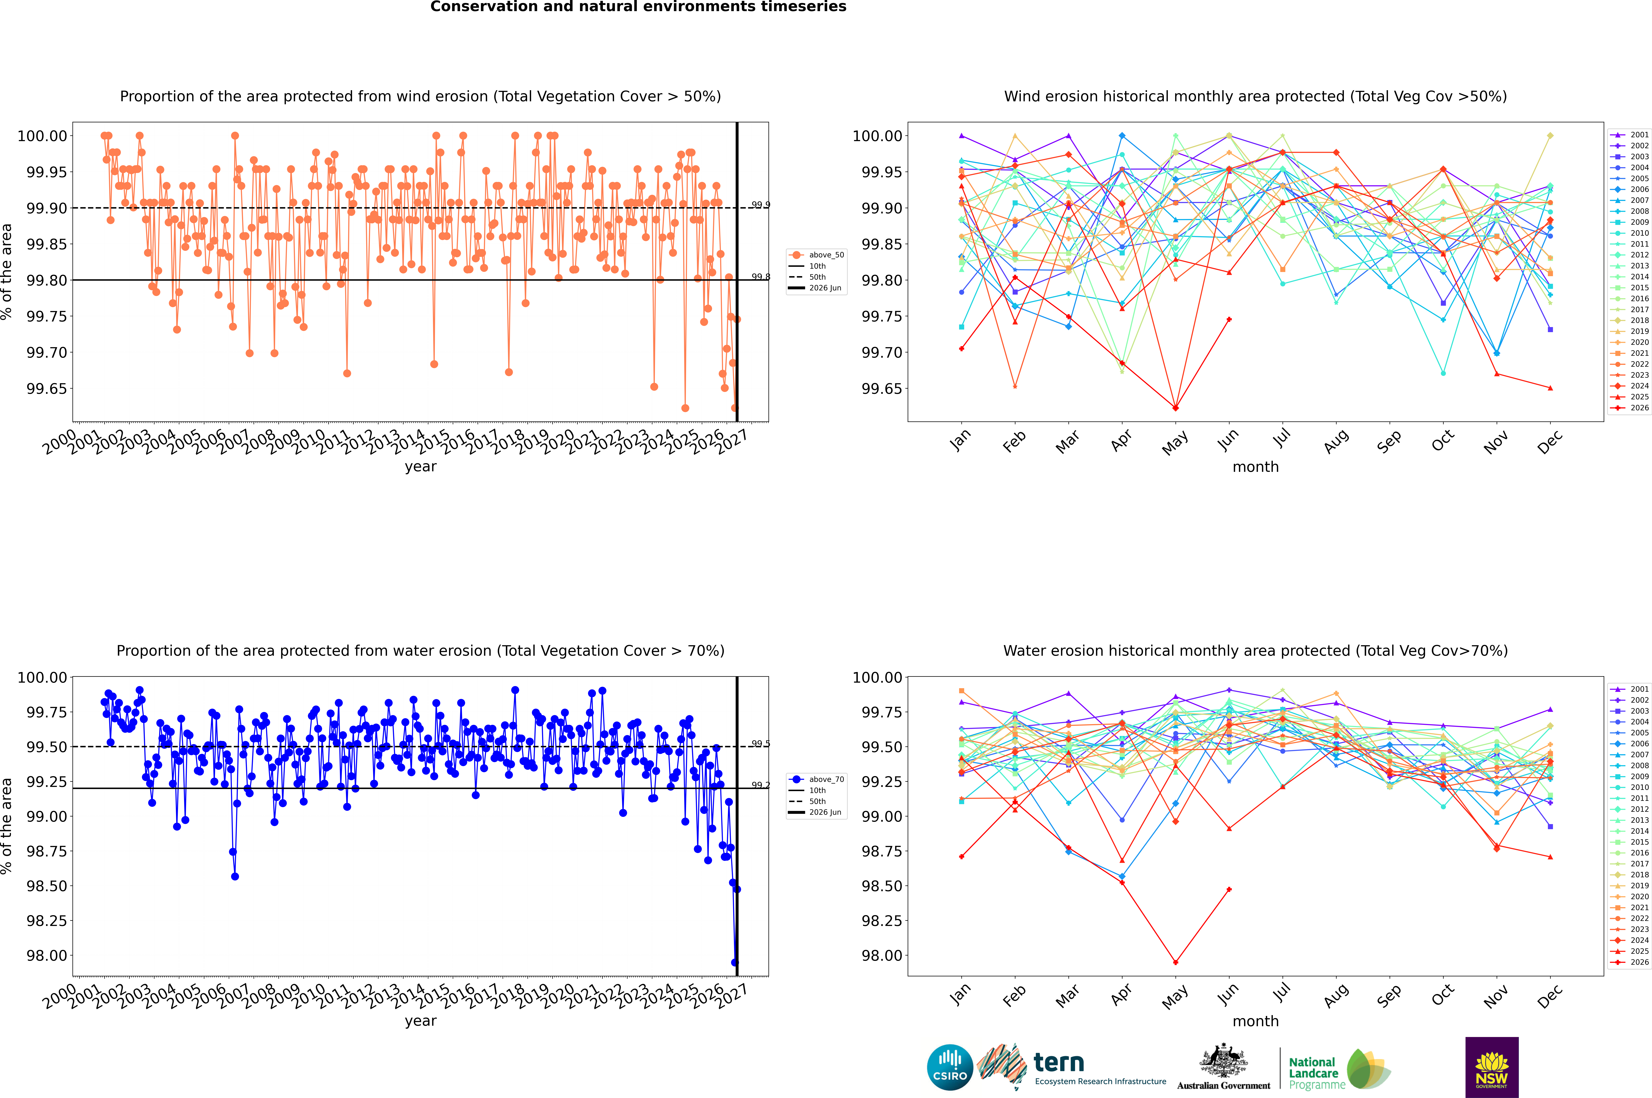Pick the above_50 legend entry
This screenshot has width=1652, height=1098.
817,255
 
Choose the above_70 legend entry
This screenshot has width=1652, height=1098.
817,779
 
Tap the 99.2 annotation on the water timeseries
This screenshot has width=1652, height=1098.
760,785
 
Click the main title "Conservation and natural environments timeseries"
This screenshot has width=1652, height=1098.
638,7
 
